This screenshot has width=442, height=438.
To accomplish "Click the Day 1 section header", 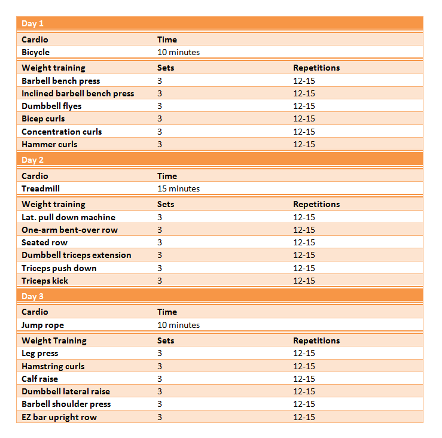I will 33,24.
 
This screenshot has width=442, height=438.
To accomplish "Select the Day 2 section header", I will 33,160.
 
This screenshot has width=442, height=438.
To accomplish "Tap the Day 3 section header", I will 33,296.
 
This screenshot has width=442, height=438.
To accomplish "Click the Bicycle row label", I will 36,52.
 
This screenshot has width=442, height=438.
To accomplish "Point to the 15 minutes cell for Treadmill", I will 178,188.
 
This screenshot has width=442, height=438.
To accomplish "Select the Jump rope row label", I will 42,325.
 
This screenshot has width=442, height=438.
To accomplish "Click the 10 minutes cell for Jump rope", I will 178,325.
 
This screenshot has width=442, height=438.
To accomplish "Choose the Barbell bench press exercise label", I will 60,81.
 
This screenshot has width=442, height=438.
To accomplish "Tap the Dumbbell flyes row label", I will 51,106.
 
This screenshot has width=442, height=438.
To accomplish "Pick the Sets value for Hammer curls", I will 160,144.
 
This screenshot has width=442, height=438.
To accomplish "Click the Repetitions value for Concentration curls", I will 304,132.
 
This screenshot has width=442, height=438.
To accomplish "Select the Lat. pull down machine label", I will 68,217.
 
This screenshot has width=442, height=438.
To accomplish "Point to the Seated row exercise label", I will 44,242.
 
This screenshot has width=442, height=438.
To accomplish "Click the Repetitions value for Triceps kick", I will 304,281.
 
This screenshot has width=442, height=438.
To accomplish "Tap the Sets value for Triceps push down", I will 160,268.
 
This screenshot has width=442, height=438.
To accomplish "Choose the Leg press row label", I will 39,353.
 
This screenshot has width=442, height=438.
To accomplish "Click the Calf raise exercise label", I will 39,379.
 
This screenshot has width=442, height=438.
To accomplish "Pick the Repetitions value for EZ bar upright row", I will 304,417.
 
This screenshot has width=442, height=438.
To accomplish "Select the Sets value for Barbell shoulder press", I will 160,404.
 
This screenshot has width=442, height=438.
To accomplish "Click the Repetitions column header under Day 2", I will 316,204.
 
